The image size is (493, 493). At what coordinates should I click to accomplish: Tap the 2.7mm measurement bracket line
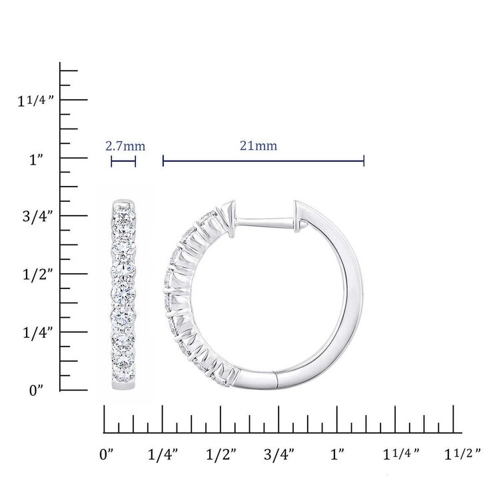pyautogui.click(x=123, y=161)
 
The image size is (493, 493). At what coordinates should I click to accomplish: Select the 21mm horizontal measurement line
pyautogui.click(x=263, y=161)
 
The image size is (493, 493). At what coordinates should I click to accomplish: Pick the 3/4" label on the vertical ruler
pyautogui.click(x=36, y=217)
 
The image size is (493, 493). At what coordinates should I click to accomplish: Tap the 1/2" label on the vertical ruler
pyautogui.click(x=36, y=274)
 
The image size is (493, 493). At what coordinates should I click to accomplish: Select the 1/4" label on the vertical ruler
pyautogui.click(x=36, y=332)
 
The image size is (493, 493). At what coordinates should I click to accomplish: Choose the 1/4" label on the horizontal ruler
pyautogui.click(x=163, y=455)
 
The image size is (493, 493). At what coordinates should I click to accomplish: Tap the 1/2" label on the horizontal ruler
pyautogui.click(x=221, y=455)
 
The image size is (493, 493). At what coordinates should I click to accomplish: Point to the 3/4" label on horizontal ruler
pyautogui.click(x=279, y=455)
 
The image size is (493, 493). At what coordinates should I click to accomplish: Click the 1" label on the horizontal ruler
pyautogui.click(x=337, y=455)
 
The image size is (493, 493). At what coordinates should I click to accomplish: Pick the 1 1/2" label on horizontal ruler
pyautogui.click(x=461, y=455)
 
